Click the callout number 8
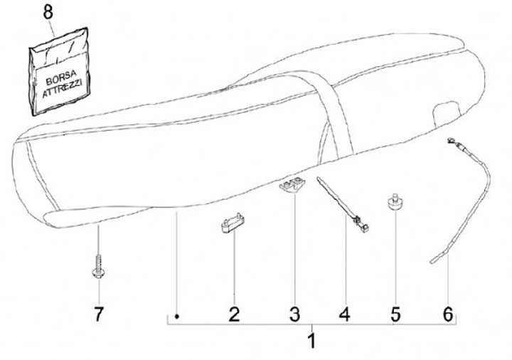[x=48, y=11]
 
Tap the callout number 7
[x=99, y=314]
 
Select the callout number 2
[x=234, y=314]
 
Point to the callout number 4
[x=345, y=314]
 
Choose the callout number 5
[x=395, y=314]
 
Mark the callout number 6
[x=448, y=314]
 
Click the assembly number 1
[x=311, y=341]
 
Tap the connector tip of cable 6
[x=452, y=142]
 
